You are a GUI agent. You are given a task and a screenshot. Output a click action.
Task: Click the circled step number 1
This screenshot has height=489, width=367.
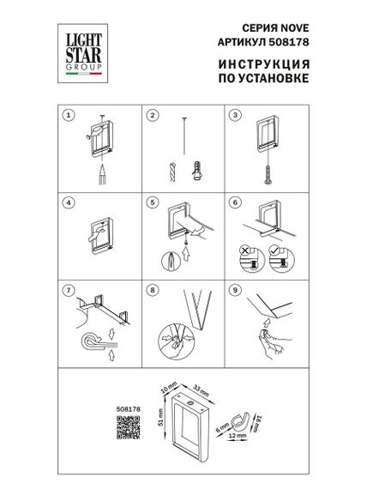[x=70, y=115]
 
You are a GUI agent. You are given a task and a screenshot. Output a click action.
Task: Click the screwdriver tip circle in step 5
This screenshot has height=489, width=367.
[x=170, y=258]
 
